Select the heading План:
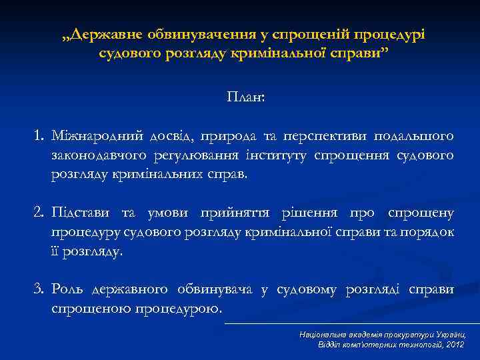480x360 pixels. coord(245,97)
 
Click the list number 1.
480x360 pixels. coord(39,137)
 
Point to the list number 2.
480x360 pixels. coord(39,213)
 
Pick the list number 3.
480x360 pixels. coord(39,289)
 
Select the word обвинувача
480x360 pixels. coord(215,289)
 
